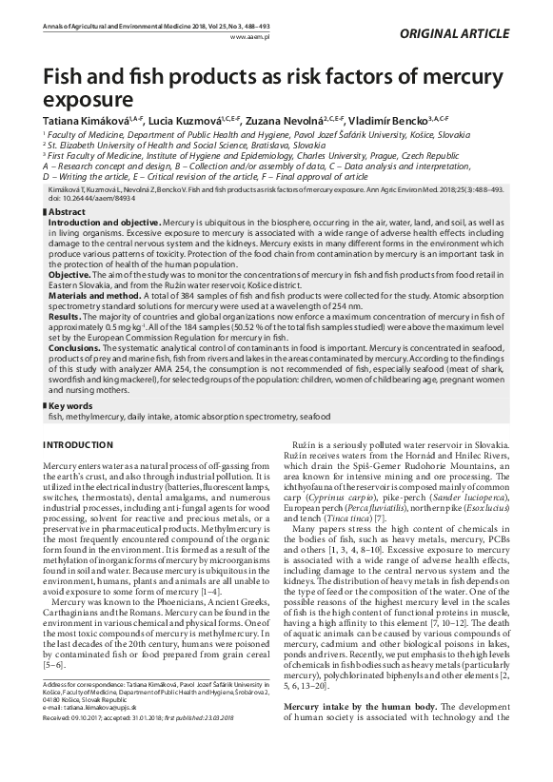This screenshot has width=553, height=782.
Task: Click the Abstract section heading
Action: pos(69,211)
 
